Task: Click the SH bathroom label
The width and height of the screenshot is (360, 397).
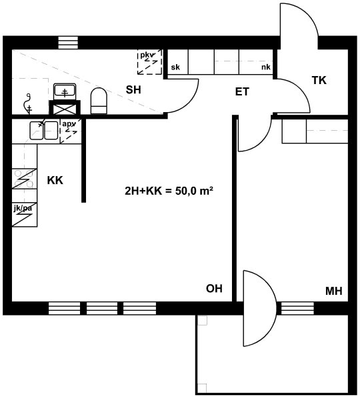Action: [133, 89]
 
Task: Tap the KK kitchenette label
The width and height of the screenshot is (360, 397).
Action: [55, 181]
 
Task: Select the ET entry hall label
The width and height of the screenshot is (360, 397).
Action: [242, 91]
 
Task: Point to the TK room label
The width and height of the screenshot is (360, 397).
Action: [319, 80]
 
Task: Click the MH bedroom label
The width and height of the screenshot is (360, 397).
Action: [334, 291]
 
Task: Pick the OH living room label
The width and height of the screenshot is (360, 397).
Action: [214, 289]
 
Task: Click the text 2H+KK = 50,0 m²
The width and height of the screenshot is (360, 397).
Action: [169, 191]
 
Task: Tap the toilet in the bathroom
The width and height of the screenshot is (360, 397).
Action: [99, 101]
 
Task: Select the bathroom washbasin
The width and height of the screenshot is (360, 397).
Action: [65, 91]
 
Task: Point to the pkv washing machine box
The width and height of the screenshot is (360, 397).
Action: [149, 62]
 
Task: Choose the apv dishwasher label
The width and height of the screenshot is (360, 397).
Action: [69, 124]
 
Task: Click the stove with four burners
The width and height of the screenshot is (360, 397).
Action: [24, 179]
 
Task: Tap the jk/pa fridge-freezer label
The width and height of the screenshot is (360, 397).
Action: [23, 208]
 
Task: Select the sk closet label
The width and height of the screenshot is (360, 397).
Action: [175, 67]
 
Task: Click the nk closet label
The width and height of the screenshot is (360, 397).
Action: [266, 67]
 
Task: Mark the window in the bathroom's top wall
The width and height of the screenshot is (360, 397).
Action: [68, 43]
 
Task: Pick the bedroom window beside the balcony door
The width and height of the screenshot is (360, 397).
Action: [297, 308]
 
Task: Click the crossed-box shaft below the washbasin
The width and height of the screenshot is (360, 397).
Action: [65, 109]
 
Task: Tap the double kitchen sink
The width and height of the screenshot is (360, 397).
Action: [44, 130]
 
